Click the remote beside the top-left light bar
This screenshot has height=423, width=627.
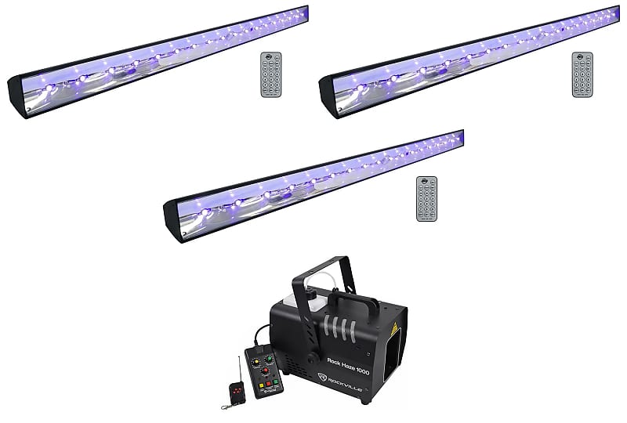pyautogui.click(x=271, y=75)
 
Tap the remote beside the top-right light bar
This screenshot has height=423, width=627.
pyautogui.click(x=583, y=75)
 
